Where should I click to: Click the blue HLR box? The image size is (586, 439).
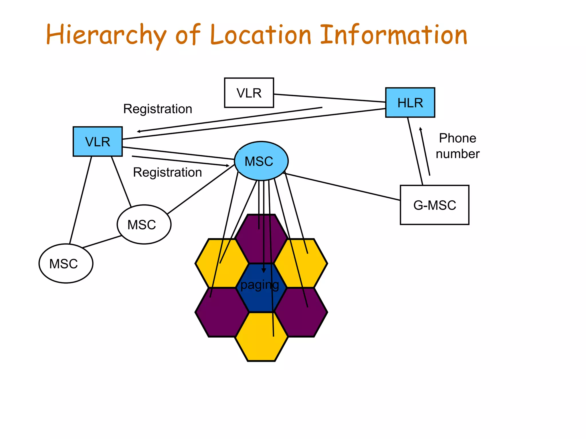pyautogui.click(x=410, y=103)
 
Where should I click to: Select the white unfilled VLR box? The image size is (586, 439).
pyautogui.click(x=249, y=93)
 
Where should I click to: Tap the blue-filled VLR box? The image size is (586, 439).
pyautogui.click(x=98, y=142)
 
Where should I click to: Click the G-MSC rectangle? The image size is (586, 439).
pyautogui.click(x=434, y=205)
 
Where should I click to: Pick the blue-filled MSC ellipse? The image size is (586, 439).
pyautogui.click(x=261, y=161)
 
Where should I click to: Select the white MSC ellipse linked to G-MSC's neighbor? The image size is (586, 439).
pyautogui.click(x=144, y=225)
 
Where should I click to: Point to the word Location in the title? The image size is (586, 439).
pyautogui.click(x=260, y=35)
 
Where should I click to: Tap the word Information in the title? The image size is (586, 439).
pyautogui.click(x=393, y=35)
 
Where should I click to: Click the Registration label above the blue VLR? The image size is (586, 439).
pyautogui.click(x=158, y=109)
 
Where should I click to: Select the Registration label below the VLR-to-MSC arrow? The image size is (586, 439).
pyautogui.click(x=167, y=172)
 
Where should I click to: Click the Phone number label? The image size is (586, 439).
pyautogui.click(x=457, y=146)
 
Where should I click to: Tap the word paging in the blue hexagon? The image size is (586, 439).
pyautogui.click(x=260, y=285)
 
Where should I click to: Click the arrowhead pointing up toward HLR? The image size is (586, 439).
pyautogui.click(x=420, y=129)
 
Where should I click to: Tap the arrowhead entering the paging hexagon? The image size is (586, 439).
pyautogui.click(x=264, y=270)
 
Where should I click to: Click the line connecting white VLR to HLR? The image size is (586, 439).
pyautogui.click(x=329, y=98)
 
